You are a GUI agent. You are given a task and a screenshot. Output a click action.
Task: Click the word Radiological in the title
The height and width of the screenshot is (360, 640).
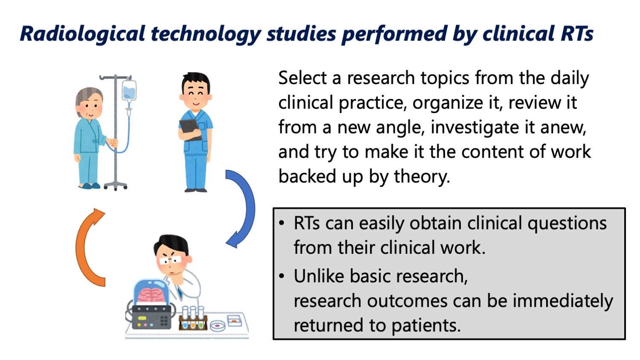[83, 34]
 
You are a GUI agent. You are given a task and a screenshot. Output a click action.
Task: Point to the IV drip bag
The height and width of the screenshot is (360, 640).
[129, 91]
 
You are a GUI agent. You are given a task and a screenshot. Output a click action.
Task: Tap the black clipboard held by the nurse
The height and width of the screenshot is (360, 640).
[190, 130]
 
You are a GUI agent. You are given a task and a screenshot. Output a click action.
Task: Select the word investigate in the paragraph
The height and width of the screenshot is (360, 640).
[474, 128]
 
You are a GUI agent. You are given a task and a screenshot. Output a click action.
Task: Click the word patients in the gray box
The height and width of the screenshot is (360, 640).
[426, 325]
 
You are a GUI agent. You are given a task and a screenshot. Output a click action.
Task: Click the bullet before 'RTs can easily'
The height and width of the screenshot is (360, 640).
[282, 223]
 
